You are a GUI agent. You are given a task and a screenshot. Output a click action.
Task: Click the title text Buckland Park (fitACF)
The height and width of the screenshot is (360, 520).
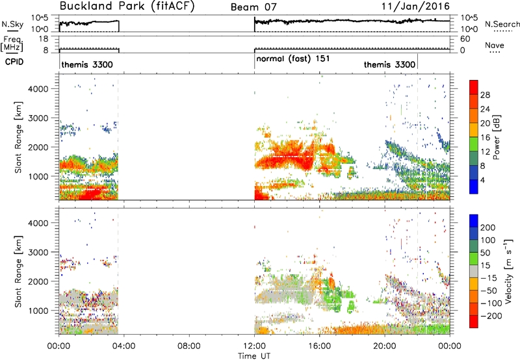(126, 6)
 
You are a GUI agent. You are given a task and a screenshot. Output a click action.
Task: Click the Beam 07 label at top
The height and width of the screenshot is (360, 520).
(253, 7)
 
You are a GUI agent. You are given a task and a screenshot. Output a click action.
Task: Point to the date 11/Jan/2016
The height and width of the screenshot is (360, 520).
(415, 6)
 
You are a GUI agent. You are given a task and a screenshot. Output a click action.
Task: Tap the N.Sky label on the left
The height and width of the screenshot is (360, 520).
(12, 24)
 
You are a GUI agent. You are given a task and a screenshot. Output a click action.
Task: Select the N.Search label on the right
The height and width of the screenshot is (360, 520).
(502, 24)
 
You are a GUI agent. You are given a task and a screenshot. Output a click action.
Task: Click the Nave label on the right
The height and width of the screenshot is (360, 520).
(495, 45)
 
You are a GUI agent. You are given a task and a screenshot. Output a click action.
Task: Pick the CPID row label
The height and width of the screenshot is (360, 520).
(14, 62)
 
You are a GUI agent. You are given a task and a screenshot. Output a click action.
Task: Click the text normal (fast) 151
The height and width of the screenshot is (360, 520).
(293, 58)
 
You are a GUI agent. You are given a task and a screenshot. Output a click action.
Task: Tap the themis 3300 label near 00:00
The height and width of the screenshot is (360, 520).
(87, 64)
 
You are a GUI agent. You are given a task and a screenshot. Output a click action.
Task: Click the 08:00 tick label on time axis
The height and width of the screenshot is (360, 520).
(189, 346)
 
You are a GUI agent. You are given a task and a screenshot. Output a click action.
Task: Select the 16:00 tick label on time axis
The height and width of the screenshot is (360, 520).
(319, 346)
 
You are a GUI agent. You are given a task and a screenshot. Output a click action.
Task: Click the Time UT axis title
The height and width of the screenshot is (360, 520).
(254, 356)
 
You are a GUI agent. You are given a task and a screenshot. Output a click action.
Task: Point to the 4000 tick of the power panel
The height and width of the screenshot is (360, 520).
(38, 89)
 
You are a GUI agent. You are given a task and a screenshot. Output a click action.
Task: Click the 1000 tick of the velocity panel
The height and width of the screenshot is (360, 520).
(38, 311)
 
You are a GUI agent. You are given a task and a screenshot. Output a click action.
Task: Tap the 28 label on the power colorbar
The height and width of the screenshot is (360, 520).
(485, 95)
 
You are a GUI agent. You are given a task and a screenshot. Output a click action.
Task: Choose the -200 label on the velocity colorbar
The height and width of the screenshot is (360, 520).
(493, 316)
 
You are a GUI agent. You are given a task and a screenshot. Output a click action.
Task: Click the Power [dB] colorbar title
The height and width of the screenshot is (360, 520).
(497, 137)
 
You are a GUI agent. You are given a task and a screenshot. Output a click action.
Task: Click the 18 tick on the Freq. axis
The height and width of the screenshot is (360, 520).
(44, 39)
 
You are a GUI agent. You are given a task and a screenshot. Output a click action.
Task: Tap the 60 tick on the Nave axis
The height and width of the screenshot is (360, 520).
(465, 39)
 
